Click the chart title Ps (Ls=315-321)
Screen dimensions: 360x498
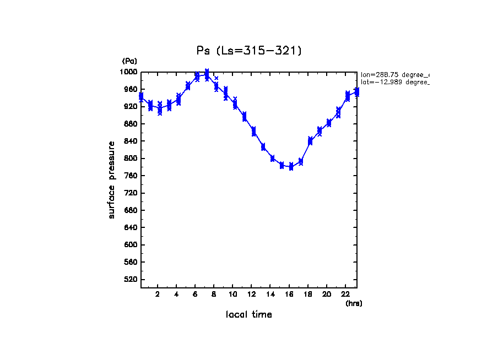tap(249, 51)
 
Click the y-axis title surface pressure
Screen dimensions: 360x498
tap(112, 179)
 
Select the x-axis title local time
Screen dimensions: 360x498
tap(249, 315)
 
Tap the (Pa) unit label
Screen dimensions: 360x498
tap(129, 61)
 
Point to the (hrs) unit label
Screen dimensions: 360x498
tap(354, 303)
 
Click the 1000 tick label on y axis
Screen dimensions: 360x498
tap(130, 72)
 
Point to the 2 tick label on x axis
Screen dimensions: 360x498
tap(158, 294)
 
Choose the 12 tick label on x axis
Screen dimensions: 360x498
tap(252, 294)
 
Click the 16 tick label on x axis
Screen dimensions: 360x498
tap(289, 294)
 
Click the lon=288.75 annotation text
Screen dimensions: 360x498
tap(394, 74)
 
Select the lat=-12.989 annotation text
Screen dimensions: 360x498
tap(394, 82)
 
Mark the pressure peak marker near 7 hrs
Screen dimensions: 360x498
tap(207, 73)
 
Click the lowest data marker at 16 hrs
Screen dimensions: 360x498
tap(291, 167)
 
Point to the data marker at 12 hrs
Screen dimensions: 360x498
tap(253, 131)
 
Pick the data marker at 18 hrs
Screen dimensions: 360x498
tap(310, 141)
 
